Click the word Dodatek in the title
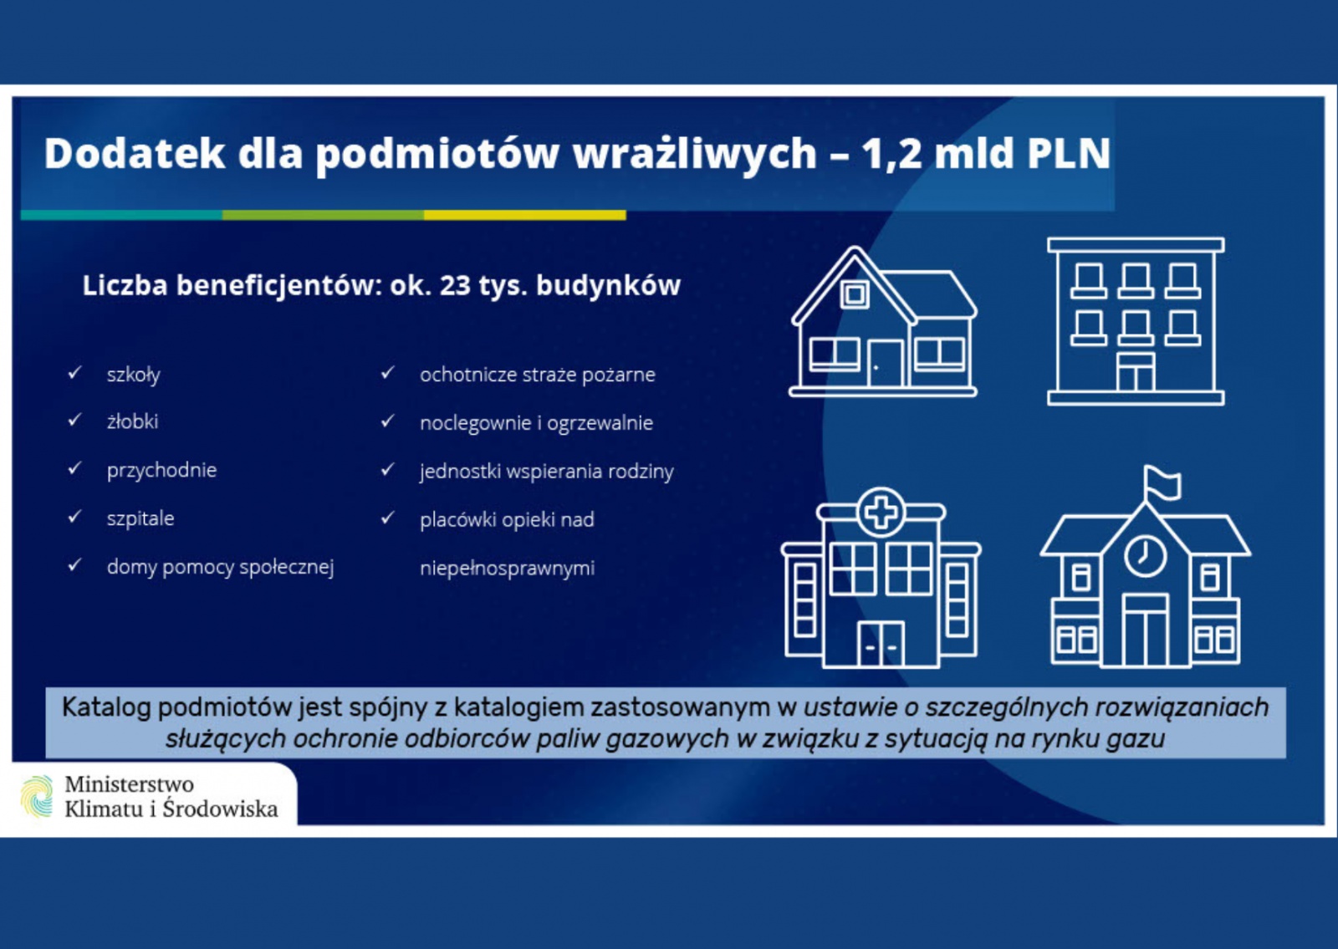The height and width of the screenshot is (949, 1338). [135, 154]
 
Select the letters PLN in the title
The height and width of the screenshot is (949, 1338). [1070, 154]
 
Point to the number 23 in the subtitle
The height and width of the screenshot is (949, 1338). [455, 285]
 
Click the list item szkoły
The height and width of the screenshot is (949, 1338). [134, 375]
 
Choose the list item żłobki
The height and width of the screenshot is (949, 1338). [133, 421]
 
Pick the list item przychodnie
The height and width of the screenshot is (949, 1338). [162, 471]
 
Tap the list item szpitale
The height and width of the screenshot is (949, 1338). [140, 518]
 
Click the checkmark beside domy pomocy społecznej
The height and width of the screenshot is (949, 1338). [74, 564]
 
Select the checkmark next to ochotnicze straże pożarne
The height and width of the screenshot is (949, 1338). [388, 373]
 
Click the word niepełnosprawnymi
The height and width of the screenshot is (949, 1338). [507, 568]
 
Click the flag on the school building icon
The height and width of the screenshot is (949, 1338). [1162, 483]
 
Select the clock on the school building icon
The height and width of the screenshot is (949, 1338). [1145, 555]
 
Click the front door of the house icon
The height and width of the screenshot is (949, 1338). [886, 364]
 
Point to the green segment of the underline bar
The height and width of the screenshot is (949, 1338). [323, 215]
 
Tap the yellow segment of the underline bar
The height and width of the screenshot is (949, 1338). [525, 215]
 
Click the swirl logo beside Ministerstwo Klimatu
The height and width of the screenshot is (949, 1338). [37, 796]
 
